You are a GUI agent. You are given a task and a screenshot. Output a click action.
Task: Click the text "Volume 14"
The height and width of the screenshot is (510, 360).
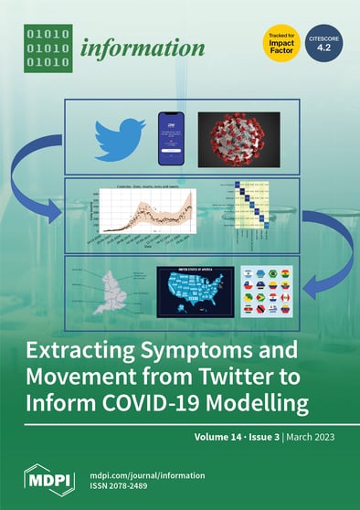[x=222, y=440]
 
